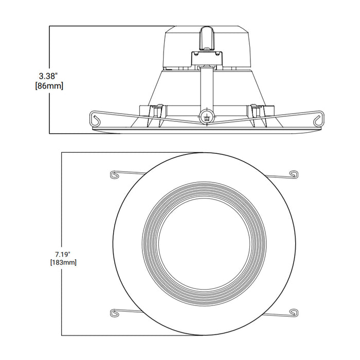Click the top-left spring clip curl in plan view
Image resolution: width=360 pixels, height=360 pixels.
click(x=115, y=174)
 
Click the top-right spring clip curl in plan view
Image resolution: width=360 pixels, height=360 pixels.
click(x=294, y=174)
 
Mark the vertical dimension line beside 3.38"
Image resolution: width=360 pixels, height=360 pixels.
click(x=49, y=51)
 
